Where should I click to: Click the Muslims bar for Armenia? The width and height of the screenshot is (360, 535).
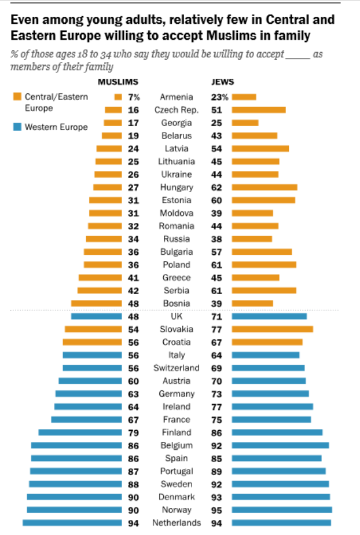pyautogui.click(x=118, y=97)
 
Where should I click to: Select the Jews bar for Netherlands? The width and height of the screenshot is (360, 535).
pyautogui.click(x=281, y=523)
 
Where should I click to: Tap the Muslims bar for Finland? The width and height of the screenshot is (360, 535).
pyautogui.click(x=80, y=433)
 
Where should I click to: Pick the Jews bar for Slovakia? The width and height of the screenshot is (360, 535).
pyautogui.click(x=272, y=329)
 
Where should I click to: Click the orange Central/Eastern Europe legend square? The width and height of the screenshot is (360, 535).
pyautogui.click(x=17, y=97)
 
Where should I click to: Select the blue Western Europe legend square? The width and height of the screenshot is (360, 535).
pyautogui.click(x=17, y=127)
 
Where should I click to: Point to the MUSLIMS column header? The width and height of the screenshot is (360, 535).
pyautogui.click(x=117, y=82)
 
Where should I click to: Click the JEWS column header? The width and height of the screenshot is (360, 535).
pyautogui.click(x=223, y=82)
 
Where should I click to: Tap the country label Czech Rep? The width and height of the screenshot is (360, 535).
pyautogui.click(x=177, y=110)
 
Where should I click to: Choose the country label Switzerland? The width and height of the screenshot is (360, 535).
pyautogui.click(x=177, y=368)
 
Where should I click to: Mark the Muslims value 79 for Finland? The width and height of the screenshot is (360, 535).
pyautogui.click(x=133, y=433)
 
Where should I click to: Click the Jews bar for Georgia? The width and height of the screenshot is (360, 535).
pyautogui.click(x=245, y=123)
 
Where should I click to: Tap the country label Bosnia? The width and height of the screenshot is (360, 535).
pyautogui.click(x=177, y=303)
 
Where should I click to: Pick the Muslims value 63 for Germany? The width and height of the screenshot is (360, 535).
pyautogui.click(x=133, y=394)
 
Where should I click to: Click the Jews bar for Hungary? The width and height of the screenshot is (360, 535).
pyautogui.click(x=265, y=187)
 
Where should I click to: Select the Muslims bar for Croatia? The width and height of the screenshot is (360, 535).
pyautogui.click(x=92, y=342)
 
